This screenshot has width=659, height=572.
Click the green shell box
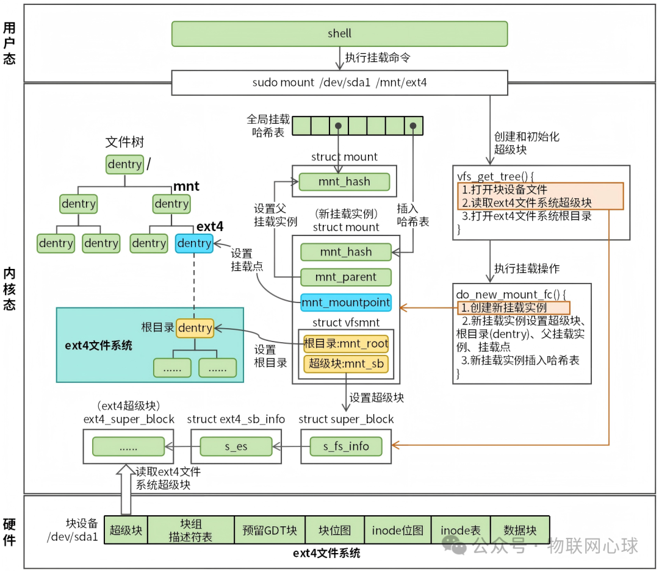pyautogui.click(x=339, y=34)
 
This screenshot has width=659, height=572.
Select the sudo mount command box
pyautogui.click(x=339, y=82)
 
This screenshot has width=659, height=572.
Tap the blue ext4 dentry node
pyautogui.click(x=194, y=243)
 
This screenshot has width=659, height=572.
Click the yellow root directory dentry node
pyautogui.click(x=195, y=328)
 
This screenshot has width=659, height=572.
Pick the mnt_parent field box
pyautogui.click(x=345, y=277)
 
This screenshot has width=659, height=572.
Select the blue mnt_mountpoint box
pyautogui.click(x=345, y=302)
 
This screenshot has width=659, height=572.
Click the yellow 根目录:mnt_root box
pyautogui.click(x=346, y=344)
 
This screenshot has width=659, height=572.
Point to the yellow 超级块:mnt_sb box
pyautogui.click(x=346, y=364)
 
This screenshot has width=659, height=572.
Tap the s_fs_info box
pyautogui.click(x=346, y=446)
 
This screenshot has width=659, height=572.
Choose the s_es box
pyautogui.click(x=236, y=446)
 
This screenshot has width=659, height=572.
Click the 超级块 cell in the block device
pyautogui.click(x=126, y=530)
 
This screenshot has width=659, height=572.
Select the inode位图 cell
pyautogui.click(x=397, y=530)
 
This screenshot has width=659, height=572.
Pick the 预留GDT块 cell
pyautogui.click(x=269, y=530)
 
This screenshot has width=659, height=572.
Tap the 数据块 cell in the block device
pyautogui.click(x=520, y=530)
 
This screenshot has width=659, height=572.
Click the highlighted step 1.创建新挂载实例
pyautogui.click(x=513, y=308)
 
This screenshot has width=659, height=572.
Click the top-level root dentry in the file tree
pyautogui.click(x=124, y=164)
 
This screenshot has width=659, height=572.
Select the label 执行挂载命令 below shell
pyautogui.click(x=378, y=58)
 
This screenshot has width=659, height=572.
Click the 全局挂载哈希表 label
pyautogui.click(x=268, y=125)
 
